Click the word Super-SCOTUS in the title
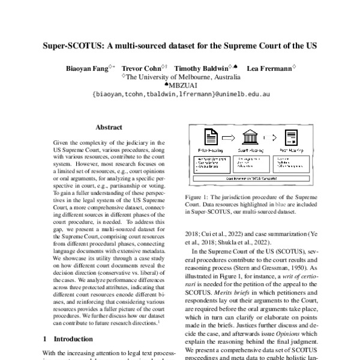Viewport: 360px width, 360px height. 73,46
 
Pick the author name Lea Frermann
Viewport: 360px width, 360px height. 269,68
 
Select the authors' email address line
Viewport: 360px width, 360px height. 180,94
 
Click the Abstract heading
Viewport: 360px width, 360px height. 109,127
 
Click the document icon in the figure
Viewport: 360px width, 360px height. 211,137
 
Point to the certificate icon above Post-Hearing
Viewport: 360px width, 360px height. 292,137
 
